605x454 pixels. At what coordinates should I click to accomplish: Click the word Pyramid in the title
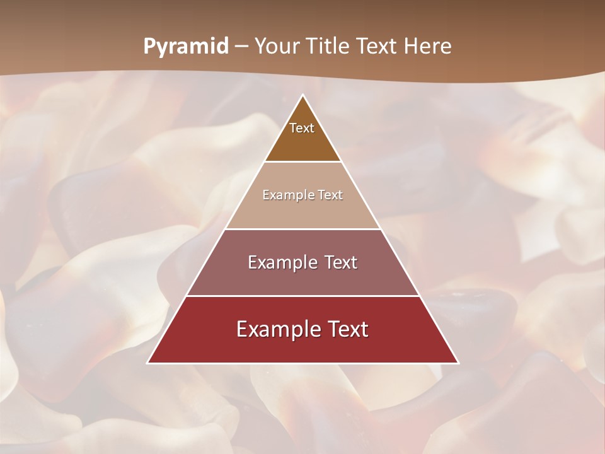186,47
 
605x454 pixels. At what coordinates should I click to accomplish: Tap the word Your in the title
278,47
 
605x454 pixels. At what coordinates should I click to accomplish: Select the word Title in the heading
328,47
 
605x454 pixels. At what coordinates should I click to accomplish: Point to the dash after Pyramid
241,47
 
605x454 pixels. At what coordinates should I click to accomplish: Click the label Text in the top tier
302,128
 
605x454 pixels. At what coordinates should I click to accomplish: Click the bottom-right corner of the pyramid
458,363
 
